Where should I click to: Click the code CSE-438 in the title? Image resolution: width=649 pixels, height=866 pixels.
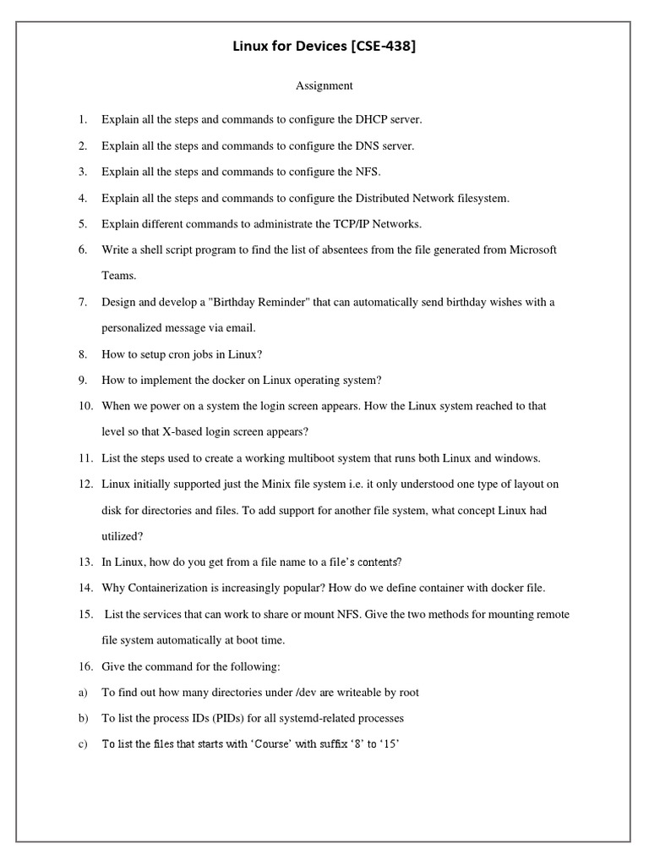pyautogui.click(x=382, y=47)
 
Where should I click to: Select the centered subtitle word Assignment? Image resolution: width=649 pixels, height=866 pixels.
pyautogui.click(x=324, y=85)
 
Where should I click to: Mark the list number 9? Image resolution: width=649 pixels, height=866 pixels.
pyautogui.click(x=83, y=381)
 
